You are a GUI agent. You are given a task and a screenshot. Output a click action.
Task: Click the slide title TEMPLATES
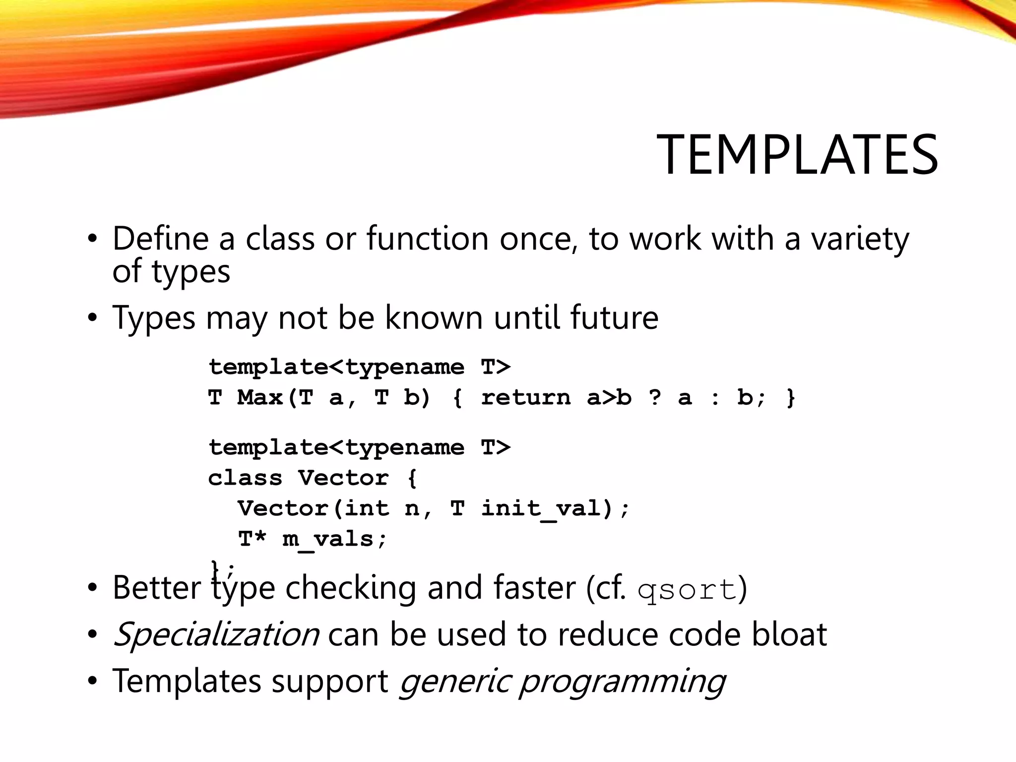[797, 155]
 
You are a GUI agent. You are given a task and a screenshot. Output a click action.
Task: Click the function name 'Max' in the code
[260, 397]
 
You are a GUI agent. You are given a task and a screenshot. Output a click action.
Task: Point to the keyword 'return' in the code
[526, 397]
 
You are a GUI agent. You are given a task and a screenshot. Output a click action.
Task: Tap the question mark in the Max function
[655, 397]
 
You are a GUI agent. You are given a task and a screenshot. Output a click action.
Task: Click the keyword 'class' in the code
[245, 478]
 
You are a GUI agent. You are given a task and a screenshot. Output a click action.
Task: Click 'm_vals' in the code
[328, 539]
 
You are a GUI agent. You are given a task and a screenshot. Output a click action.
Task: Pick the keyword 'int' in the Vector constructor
[367, 508]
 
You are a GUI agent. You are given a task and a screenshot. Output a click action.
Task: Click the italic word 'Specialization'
[216, 635]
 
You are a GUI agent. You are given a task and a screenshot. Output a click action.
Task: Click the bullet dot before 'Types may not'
[92, 317]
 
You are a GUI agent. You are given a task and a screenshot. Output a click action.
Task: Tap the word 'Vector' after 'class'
[343, 478]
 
